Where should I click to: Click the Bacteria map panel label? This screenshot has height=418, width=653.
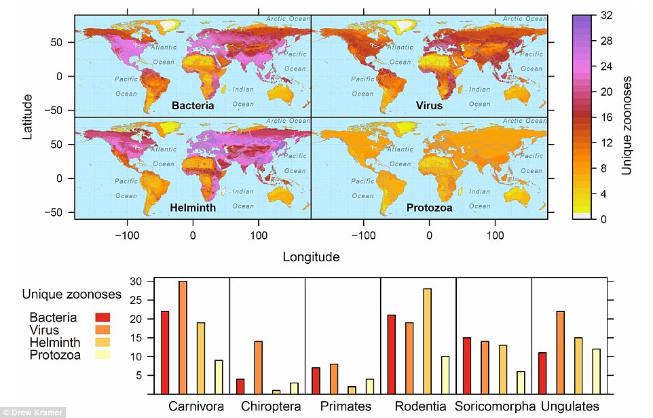[193, 106]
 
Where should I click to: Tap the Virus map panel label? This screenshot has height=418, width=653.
[429, 106]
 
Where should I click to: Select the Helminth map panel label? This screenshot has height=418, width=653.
[193, 208]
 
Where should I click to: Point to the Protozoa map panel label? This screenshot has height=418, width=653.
[429, 208]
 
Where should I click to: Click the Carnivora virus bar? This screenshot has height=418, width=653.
[183, 337]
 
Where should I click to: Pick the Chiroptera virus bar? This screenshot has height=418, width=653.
[258, 367]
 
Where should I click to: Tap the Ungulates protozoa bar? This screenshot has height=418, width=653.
[597, 371]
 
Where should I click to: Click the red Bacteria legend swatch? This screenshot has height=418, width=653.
[102, 318]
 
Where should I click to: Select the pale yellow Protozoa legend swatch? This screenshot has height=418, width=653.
[102, 354]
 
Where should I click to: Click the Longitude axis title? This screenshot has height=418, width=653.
[311, 257]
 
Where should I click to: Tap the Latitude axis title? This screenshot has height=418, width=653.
[28, 117]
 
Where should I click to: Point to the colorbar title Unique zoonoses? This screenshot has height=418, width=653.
[627, 126]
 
